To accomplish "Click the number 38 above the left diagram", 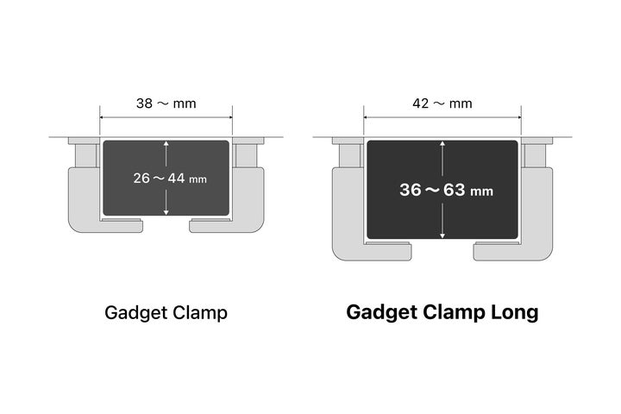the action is click(x=144, y=103).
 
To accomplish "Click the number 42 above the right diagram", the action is click(x=421, y=103).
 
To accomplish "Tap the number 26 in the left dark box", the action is click(x=141, y=179).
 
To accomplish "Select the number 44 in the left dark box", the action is click(x=176, y=179).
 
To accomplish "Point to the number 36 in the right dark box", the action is click(x=411, y=190).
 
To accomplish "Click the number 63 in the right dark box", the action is click(x=455, y=190).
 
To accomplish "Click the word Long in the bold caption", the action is click(x=515, y=312).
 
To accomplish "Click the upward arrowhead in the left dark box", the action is click(x=166, y=144).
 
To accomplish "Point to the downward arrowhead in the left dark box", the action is click(x=166, y=212).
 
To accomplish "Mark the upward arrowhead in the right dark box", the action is click(x=442, y=144).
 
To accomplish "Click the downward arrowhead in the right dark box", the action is click(x=442, y=235).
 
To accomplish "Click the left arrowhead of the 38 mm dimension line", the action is click(x=103, y=117).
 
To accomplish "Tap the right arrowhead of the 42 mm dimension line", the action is click(x=518, y=117).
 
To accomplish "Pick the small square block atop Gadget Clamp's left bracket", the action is click(x=85, y=155).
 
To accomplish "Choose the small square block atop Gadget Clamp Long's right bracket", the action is click(x=535, y=155).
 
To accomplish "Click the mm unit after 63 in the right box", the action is click(x=481, y=191).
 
